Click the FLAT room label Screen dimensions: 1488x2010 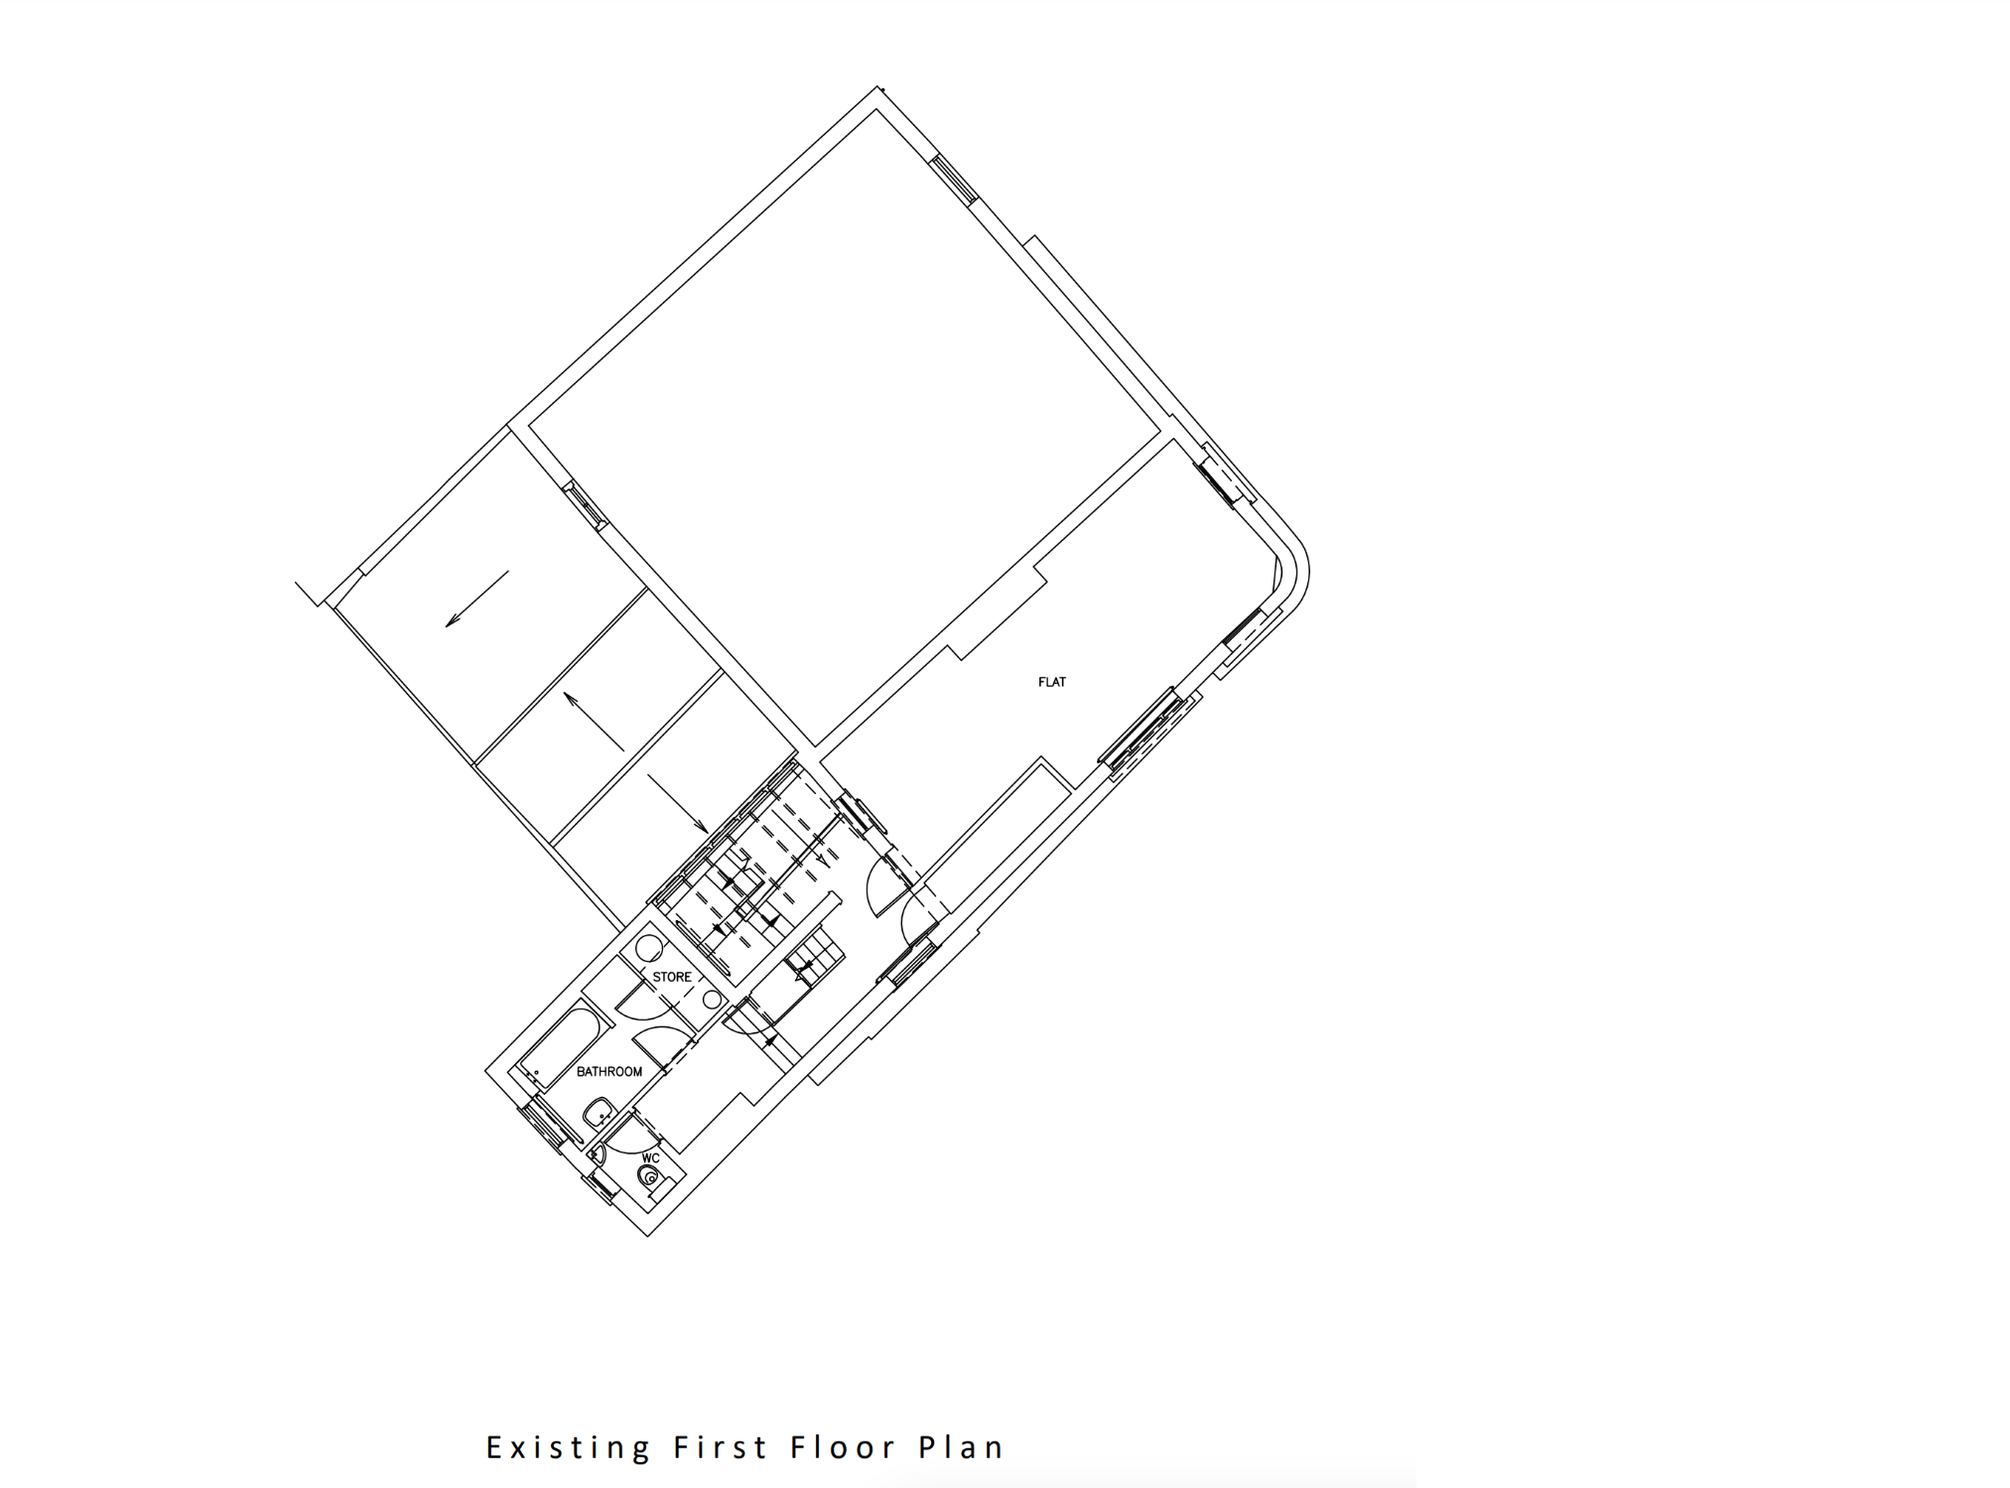pos(1051,682)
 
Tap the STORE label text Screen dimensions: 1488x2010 pos(672,977)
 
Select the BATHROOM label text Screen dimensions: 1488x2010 pos(608,1072)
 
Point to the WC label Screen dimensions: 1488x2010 pos(650,1158)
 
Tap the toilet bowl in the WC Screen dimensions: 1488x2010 pos(649,1177)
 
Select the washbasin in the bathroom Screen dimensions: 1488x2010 pos(598,1113)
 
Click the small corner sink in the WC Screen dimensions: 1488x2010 pos(598,1154)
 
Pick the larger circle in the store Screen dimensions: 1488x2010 pos(649,947)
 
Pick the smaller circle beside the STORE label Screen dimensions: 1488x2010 pos(712,999)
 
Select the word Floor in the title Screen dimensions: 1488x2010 pos(844,1447)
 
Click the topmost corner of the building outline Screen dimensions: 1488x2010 pos(877,87)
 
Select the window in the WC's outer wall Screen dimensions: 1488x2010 pos(602,1187)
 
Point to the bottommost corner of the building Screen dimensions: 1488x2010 pos(648,1235)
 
